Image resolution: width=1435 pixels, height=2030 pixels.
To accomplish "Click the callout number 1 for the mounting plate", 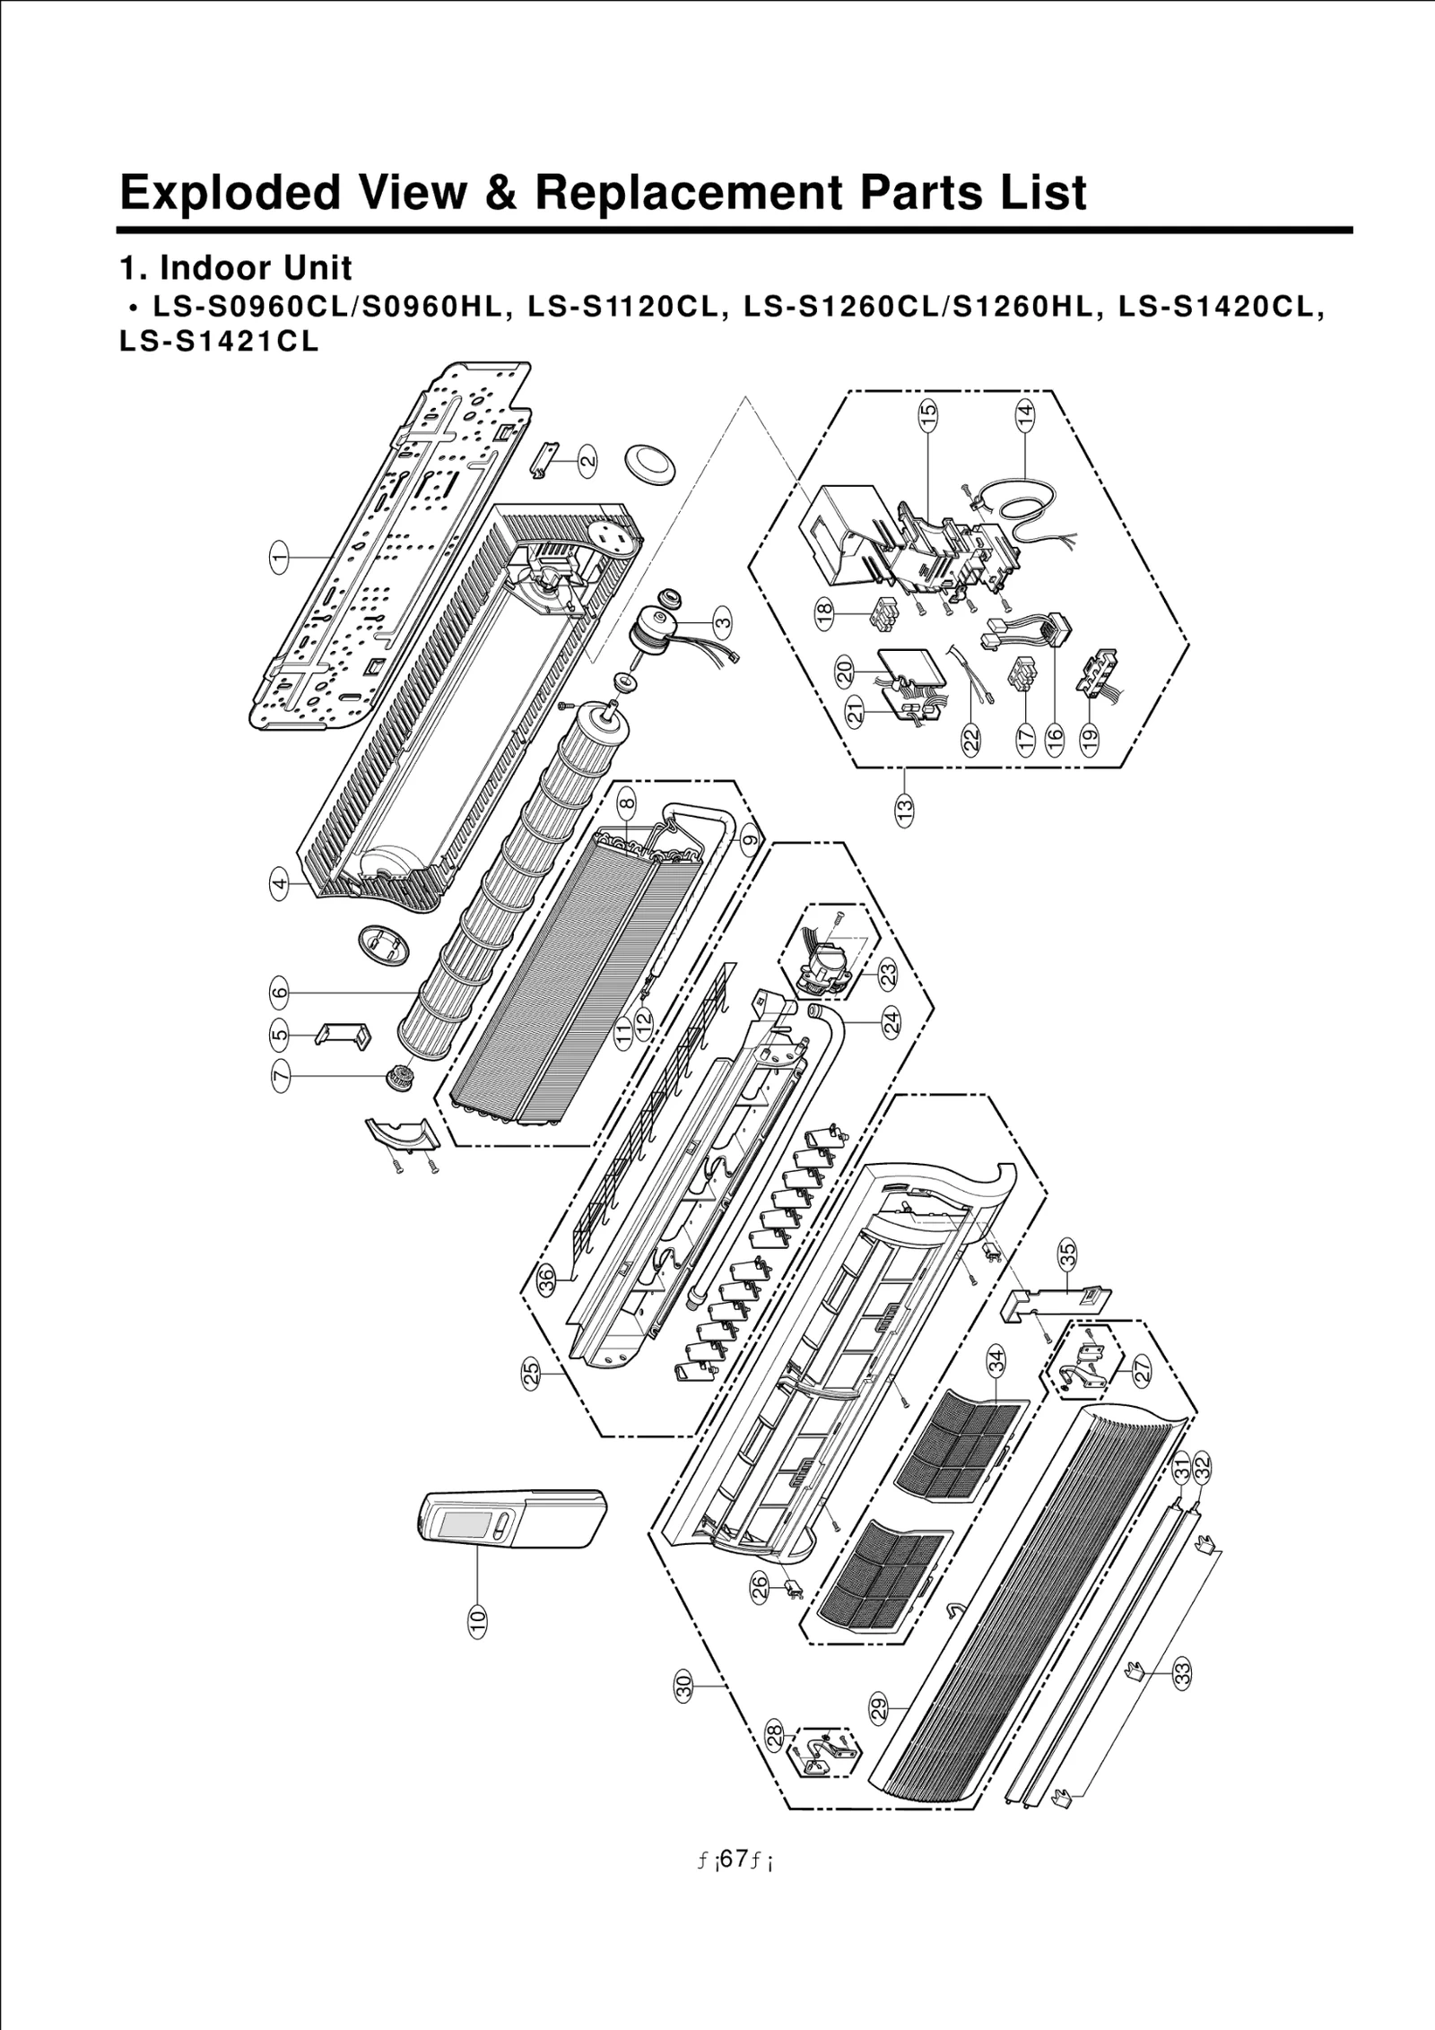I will (280, 558).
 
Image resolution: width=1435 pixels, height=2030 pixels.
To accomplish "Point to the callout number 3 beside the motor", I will (723, 620).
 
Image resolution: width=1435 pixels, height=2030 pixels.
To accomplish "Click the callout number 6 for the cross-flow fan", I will (280, 992).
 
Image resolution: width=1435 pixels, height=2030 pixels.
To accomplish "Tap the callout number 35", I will (1067, 1254).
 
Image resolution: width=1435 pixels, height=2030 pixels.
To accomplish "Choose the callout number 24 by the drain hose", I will (891, 1023).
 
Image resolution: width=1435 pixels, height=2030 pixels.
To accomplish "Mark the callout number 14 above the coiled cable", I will (1024, 413).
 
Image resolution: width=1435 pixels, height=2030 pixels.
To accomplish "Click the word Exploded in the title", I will (230, 193).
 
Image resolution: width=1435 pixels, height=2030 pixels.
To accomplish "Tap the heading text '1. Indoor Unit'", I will (236, 268).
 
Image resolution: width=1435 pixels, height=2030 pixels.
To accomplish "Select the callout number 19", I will (1089, 738).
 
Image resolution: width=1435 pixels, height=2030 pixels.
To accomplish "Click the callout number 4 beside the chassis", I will (280, 885).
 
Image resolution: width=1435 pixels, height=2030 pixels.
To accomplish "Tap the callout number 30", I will (684, 1685).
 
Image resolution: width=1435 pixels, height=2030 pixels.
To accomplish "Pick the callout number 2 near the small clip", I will (587, 462).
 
